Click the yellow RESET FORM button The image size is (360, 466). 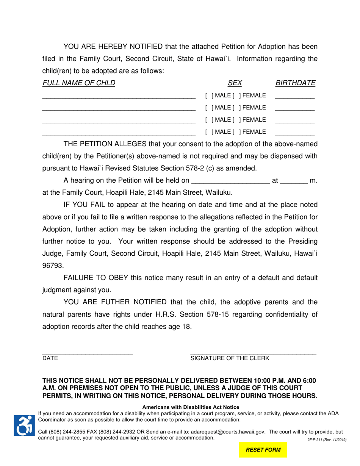pyautogui.click(x=263, y=450)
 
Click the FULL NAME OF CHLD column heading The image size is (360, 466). pyautogui.click(x=79, y=83)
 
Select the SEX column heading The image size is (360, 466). pyautogui.click(x=235, y=83)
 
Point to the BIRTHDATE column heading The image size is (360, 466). pyautogui.click(x=295, y=83)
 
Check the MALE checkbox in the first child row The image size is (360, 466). pyautogui.click(x=208, y=95)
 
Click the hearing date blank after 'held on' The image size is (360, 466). pyautogui.click(x=231, y=181)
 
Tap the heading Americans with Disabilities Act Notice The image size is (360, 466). pyautogui.click(x=191, y=407)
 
